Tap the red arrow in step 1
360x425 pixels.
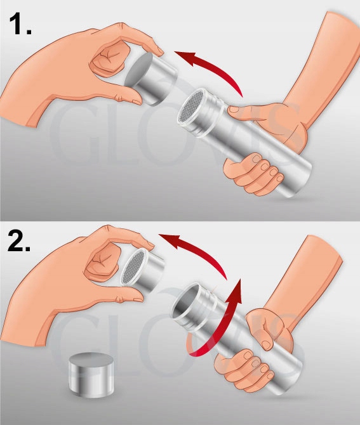point(215,68)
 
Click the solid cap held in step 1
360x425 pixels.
point(151,78)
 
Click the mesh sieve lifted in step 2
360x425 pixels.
point(133,268)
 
